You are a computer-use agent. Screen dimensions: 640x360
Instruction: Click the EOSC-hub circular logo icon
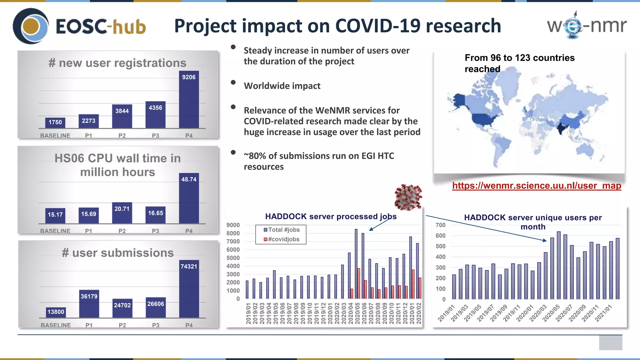pos(31,26)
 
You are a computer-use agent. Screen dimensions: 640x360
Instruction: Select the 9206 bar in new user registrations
pos(189,100)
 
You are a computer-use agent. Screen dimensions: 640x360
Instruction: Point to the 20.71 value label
pos(122,209)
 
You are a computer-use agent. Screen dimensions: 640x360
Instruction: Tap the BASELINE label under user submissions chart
pos(56,325)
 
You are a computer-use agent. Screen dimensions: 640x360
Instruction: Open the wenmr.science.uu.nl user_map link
pos(536,186)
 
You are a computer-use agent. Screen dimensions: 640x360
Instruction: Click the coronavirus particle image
pos(408,197)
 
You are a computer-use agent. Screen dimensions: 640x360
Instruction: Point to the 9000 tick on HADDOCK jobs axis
pos(233,225)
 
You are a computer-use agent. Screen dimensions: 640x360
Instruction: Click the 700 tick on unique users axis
pos(441,225)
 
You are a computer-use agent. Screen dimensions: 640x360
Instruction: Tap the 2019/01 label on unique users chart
pos(446,313)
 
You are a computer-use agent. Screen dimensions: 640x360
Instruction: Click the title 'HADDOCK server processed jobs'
pos(331,217)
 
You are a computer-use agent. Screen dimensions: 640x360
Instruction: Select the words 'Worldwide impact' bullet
pos(282,86)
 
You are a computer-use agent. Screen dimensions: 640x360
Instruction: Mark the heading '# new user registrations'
pos(117,63)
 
